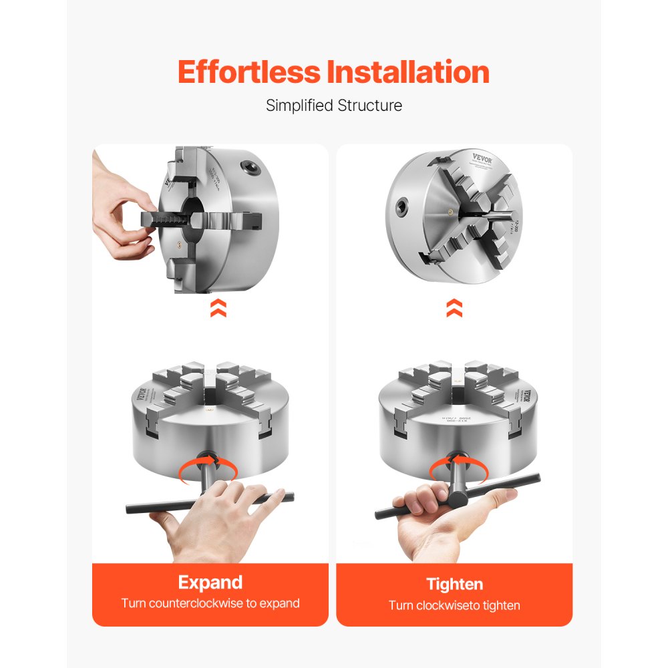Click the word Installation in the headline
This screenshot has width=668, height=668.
(408, 72)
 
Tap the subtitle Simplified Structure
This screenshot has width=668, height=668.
(334, 106)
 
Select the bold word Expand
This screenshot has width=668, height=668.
(210, 582)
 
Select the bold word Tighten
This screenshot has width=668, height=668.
(454, 584)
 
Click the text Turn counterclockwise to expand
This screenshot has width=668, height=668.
(210, 603)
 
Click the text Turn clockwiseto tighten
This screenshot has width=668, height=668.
(454, 605)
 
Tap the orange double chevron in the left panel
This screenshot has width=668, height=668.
(218, 308)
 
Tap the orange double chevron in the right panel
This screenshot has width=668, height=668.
(455, 308)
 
